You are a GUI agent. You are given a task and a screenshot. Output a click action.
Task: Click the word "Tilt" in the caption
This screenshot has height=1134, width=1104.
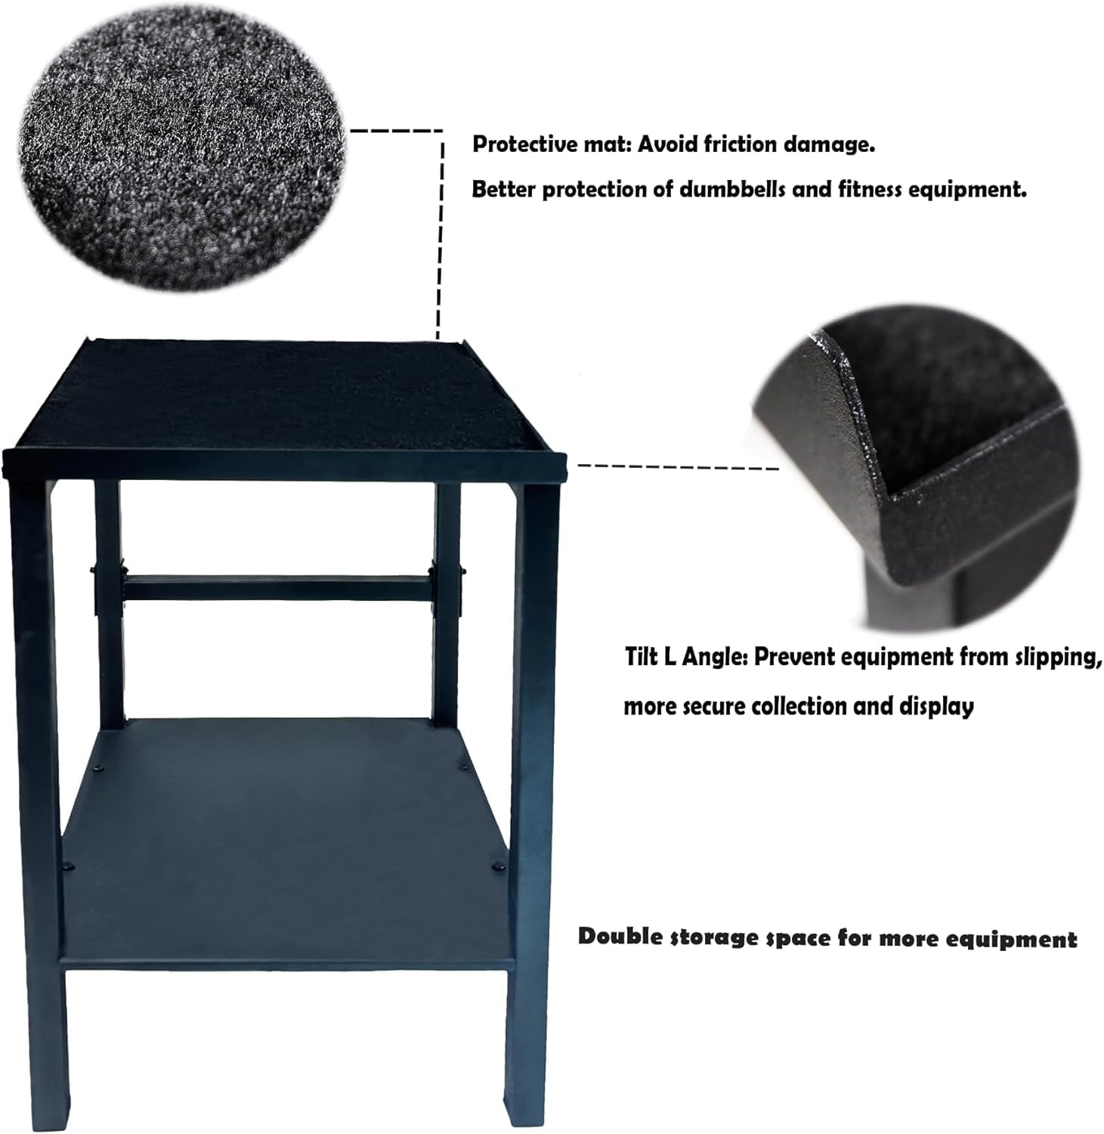click(x=642, y=656)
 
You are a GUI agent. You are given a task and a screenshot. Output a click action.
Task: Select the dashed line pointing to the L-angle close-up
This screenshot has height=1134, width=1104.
click(x=678, y=466)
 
